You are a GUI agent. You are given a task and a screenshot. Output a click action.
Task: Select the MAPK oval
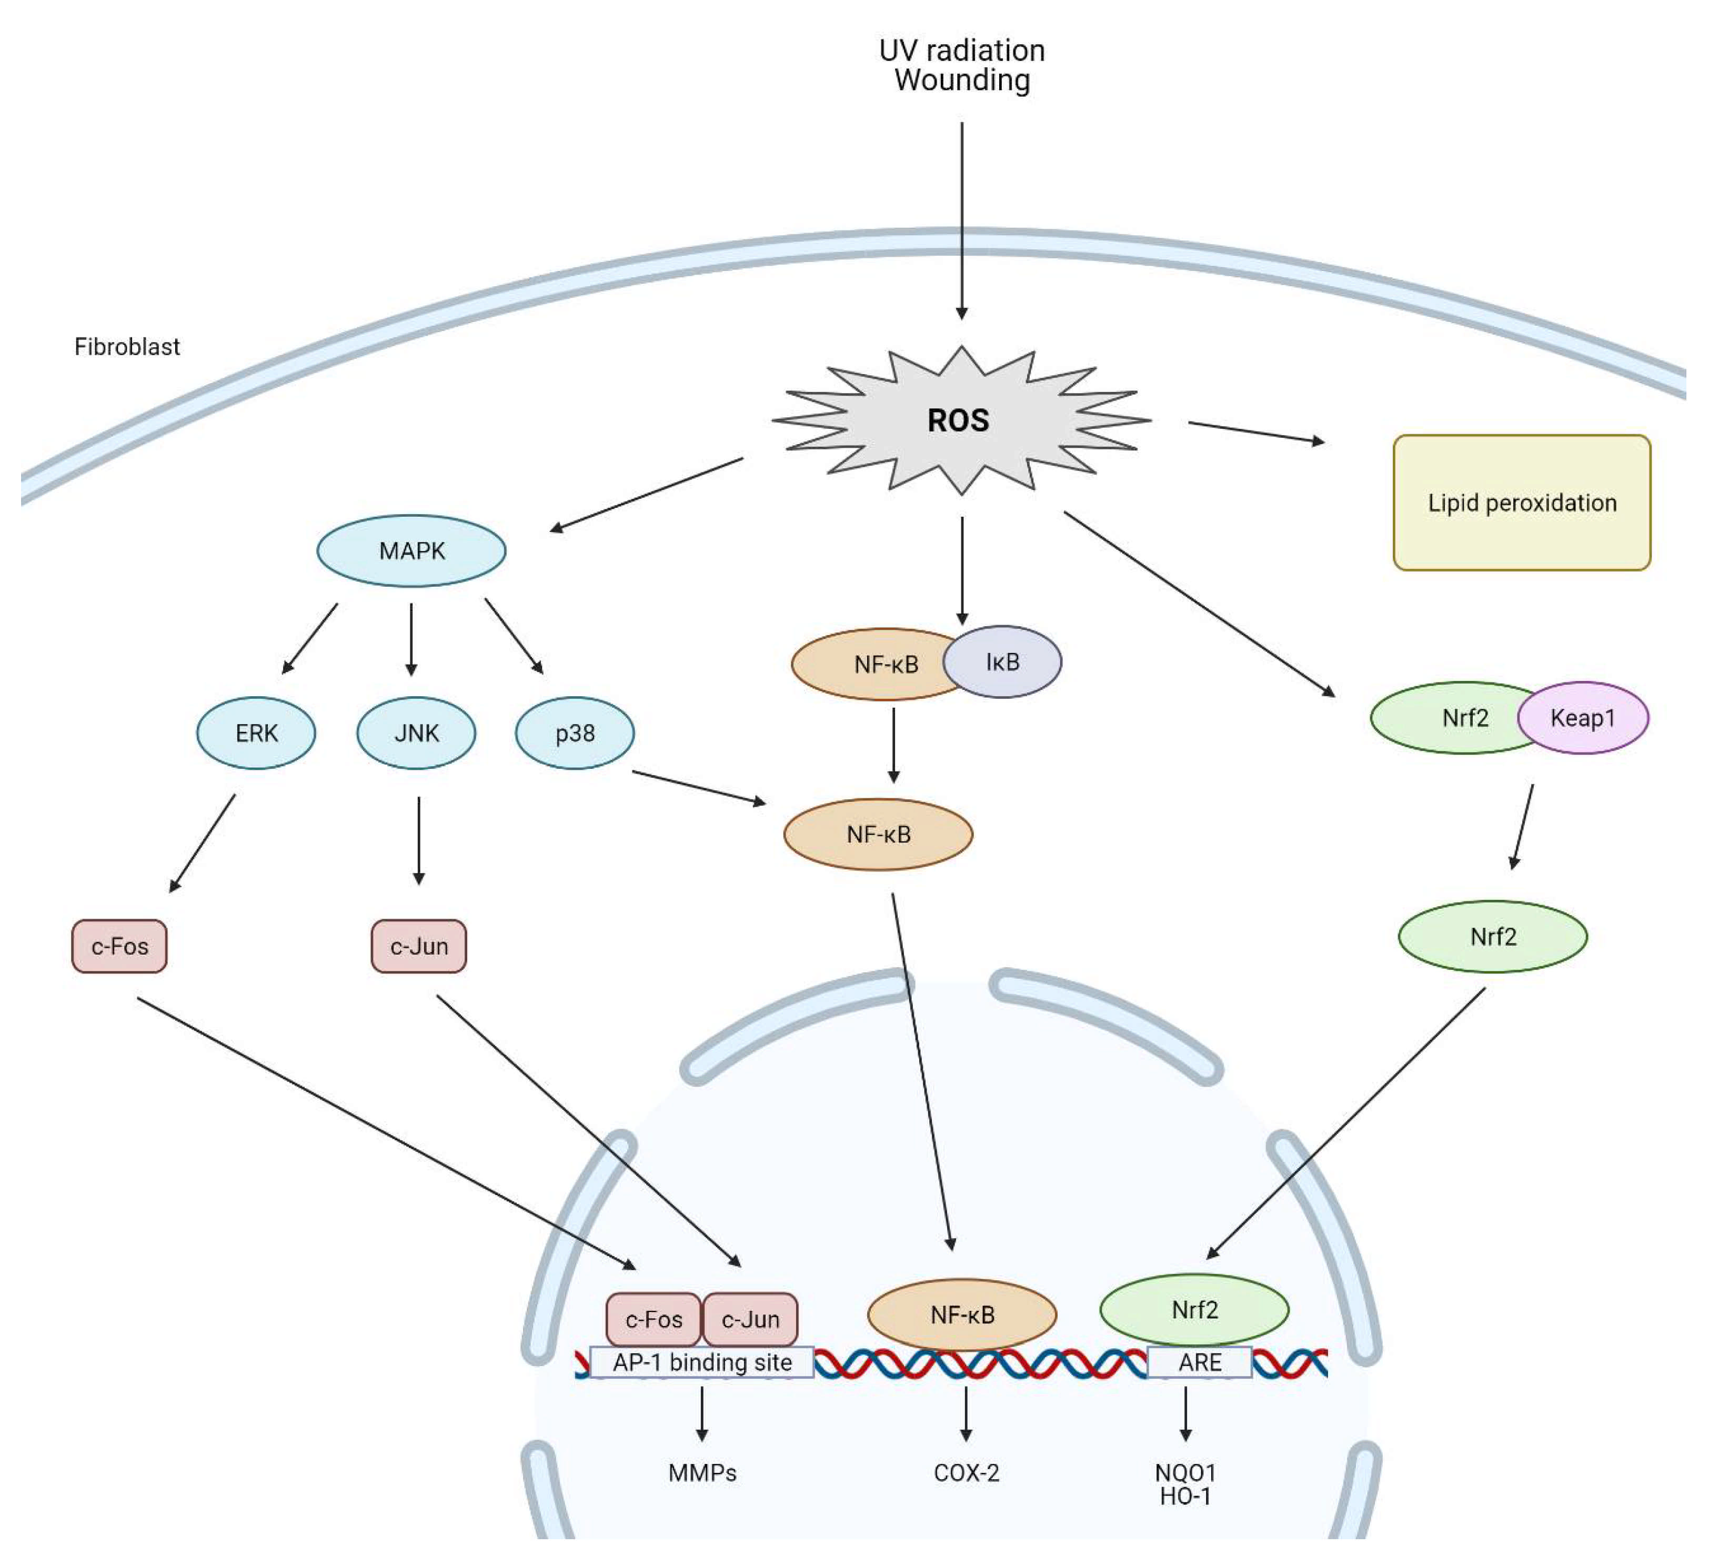pos(411,550)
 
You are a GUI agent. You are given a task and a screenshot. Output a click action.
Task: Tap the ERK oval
pos(256,733)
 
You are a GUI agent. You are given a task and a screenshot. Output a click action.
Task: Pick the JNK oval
pos(416,733)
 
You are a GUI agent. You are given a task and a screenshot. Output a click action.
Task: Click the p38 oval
pos(575,733)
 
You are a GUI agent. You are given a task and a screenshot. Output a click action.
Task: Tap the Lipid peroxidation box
pos(1522,503)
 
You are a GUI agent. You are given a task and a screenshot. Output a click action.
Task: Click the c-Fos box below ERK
pos(119,946)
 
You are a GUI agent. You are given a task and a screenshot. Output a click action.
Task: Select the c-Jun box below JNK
pos(418,946)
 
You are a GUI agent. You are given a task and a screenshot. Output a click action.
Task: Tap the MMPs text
pos(702,1472)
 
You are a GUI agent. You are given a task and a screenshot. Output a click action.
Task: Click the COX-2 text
pos(967,1472)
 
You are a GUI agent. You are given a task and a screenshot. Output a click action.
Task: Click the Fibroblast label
pos(127,346)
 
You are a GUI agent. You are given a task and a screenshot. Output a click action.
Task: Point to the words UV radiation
pos(961,51)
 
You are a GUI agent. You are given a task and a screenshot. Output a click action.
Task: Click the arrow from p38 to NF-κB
pos(699,787)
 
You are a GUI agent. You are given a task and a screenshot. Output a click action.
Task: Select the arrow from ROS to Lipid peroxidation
pos(1256,432)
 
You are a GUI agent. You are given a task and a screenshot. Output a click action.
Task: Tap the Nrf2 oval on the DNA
pos(1194,1310)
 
